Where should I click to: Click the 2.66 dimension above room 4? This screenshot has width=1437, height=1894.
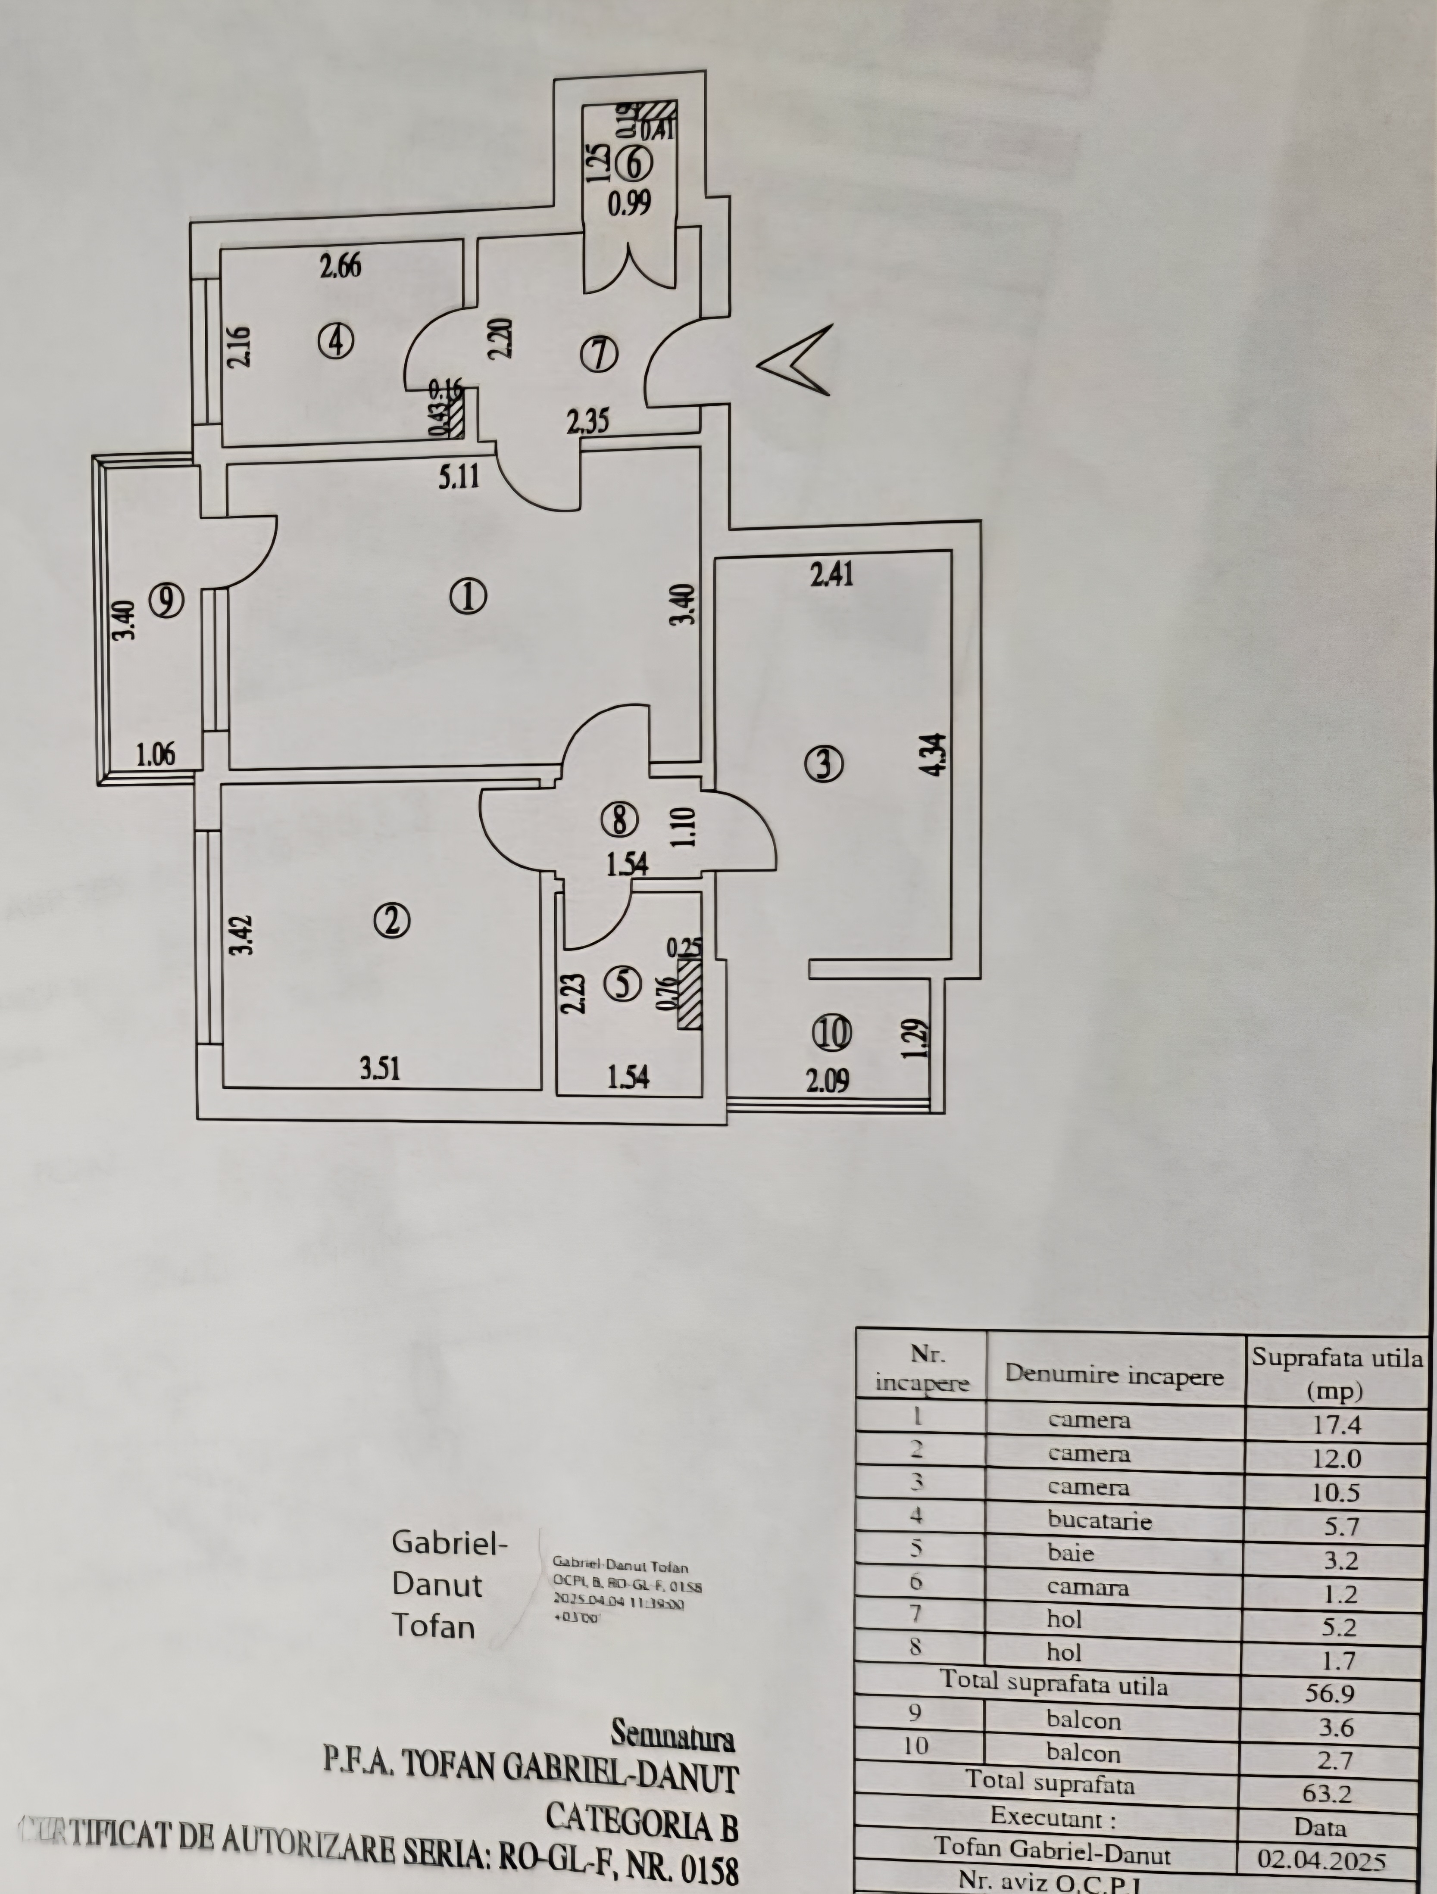click(340, 266)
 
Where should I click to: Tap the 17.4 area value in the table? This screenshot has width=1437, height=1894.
click(1337, 1425)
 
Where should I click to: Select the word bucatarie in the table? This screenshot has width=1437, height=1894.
click(1100, 1521)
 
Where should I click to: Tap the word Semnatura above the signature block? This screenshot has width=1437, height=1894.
click(673, 1734)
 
